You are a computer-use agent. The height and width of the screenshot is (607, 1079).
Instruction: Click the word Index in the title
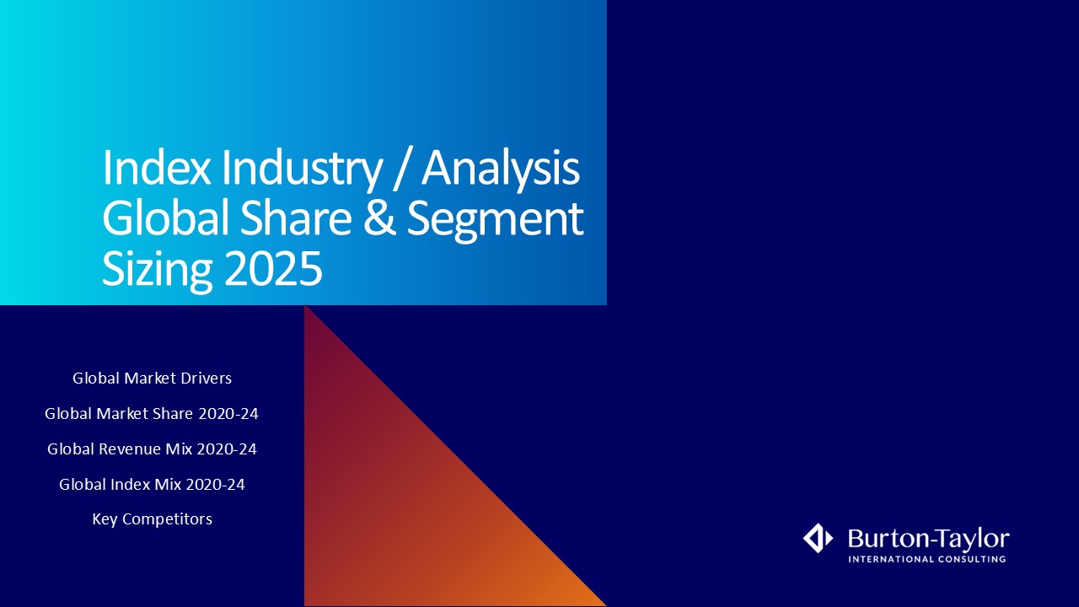tap(157, 168)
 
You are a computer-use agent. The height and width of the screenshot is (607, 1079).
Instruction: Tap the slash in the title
tap(402, 169)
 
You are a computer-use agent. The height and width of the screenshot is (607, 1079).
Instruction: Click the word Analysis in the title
tap(501, 170)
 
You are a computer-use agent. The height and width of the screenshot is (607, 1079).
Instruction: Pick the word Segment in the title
tap(495, 221)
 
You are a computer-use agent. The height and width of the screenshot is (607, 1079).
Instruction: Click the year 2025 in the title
tap(273, 268)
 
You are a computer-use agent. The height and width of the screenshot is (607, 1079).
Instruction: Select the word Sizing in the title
tap(157, 271)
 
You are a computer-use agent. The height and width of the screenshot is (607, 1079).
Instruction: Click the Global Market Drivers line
tap(153, 379)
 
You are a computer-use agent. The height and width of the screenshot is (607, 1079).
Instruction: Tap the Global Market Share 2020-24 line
tap(152, 413)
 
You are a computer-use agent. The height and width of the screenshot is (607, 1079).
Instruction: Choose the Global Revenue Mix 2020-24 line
tap(153, 449)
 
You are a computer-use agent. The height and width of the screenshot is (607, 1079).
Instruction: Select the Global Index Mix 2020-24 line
tap(153, 484)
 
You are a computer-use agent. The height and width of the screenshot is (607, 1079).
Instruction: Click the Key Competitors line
tap(153, 519)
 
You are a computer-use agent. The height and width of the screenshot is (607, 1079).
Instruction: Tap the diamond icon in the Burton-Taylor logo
tap(818, 538)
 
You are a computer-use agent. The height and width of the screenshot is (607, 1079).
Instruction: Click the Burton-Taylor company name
tap(929, 539)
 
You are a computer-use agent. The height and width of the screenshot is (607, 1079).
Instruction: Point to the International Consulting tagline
tap(926, 559)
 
